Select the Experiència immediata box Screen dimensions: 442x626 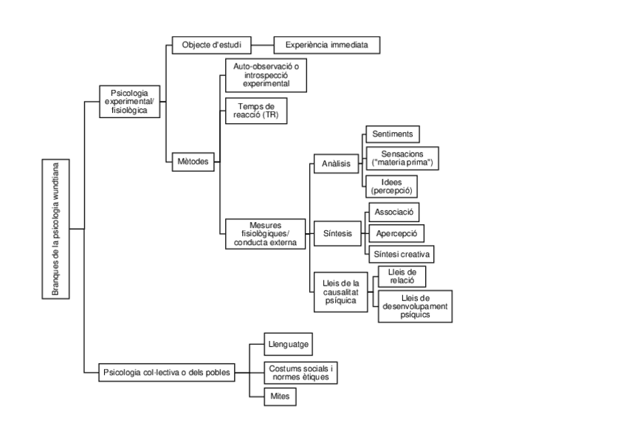(327, 45)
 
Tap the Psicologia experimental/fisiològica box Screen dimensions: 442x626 (129, 101)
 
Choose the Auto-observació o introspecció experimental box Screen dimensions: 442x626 (265, 75)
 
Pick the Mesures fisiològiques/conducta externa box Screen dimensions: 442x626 (264, 232)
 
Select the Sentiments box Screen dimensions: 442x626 (392, 134)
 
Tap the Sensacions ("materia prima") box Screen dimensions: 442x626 (402, 159)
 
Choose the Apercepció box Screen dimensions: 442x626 (396, 233)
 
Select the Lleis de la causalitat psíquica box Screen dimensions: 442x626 (340, 291)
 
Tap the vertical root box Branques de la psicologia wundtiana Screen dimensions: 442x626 (55, 229)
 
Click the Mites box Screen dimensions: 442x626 (281, 396)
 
